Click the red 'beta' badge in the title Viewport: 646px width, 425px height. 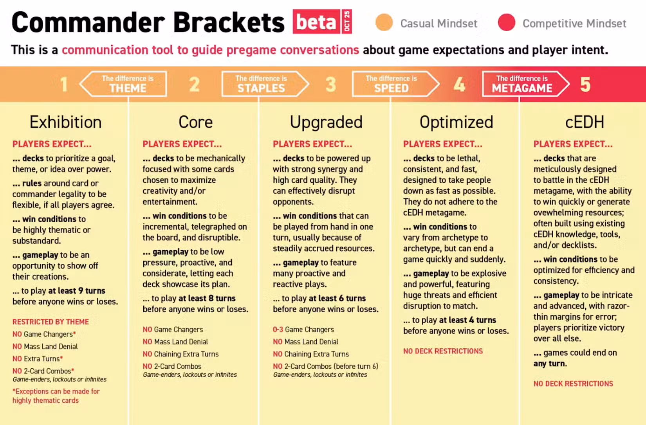316,22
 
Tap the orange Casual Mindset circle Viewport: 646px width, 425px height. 384,22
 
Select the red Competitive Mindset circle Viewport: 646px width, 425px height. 506,22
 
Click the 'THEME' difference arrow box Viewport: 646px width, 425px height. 123,84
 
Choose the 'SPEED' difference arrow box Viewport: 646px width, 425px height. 396,84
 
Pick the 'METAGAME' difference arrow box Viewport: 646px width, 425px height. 526,84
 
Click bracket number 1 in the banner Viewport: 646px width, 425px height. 64,85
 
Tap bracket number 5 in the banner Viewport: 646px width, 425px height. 585,85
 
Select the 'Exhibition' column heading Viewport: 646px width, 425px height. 66,122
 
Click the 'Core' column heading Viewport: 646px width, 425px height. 195,122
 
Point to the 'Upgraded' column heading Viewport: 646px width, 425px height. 326,122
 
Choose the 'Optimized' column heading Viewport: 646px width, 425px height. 456,122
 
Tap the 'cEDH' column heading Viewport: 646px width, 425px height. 585,122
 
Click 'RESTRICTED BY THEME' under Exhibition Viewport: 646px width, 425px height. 51,322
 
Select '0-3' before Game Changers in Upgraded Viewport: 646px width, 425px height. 278,329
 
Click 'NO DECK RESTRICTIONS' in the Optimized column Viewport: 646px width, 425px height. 443,351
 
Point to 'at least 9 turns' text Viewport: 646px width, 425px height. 77,291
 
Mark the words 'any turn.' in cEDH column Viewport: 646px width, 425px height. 550,364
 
